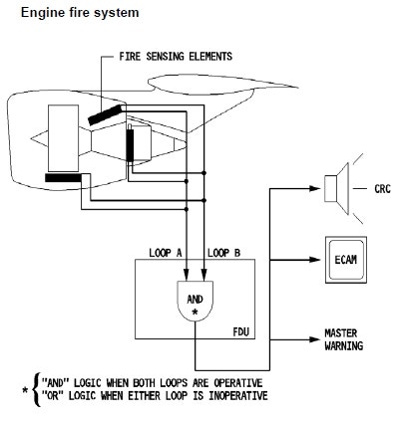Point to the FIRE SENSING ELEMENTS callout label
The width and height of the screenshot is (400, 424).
click(x=178, y=57)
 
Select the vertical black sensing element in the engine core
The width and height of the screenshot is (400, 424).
click(x=129, y=146)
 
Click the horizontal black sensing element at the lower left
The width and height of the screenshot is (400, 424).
click(x=64, y=178)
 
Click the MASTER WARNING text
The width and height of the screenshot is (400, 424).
click(x=343, y=339)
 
